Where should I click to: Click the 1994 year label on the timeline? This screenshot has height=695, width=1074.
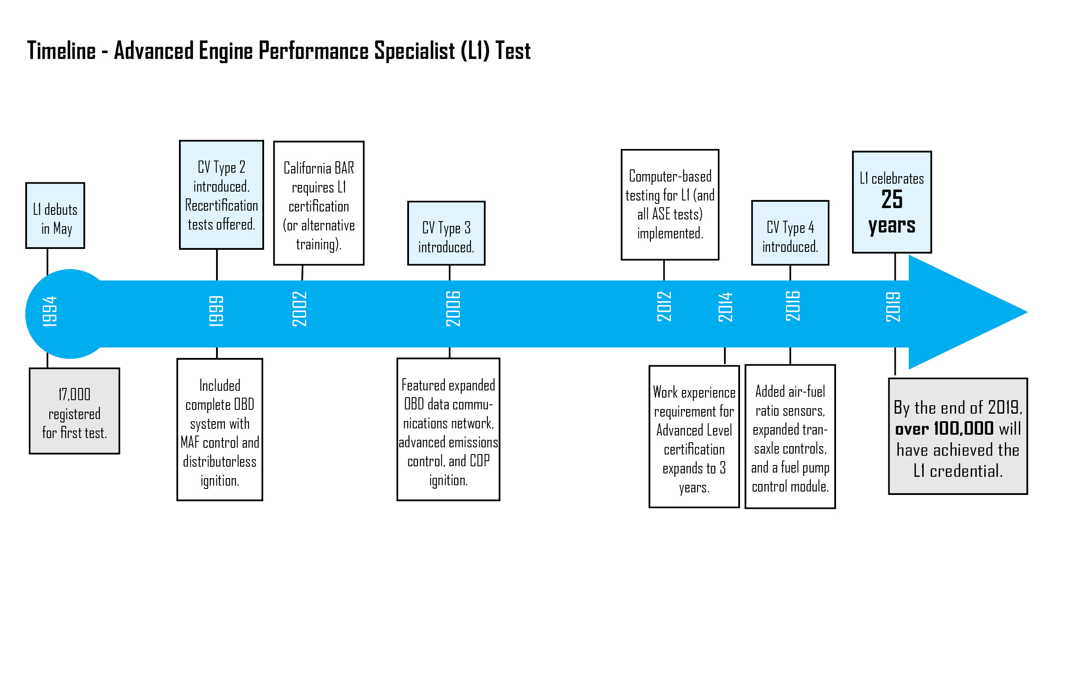(50, 311)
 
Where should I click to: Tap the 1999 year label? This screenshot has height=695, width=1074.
(216, 311)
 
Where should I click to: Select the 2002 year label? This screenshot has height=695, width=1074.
(299, 309)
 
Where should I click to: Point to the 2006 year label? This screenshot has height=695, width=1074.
(453, 309)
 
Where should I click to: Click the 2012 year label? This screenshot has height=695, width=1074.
(664, 307)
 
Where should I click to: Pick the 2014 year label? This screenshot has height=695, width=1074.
(726, 307)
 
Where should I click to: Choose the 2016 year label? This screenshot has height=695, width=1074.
(793, 307)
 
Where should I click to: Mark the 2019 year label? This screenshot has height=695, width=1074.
(893, 307)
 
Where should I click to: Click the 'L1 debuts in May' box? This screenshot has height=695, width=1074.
(55, 216)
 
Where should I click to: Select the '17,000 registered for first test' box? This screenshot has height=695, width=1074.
(75, 411)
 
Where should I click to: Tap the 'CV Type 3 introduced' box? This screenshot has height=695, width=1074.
(446, 233)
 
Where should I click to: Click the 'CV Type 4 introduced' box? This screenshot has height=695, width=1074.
(790, 233)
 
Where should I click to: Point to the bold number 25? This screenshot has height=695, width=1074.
(892, 200)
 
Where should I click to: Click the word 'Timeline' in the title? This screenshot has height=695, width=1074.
(61, 51)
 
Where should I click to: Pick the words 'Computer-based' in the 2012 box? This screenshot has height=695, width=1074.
(670, 176)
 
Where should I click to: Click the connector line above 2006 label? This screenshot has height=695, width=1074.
(449, 273)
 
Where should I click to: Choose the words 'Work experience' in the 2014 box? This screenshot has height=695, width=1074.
(694, 393)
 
